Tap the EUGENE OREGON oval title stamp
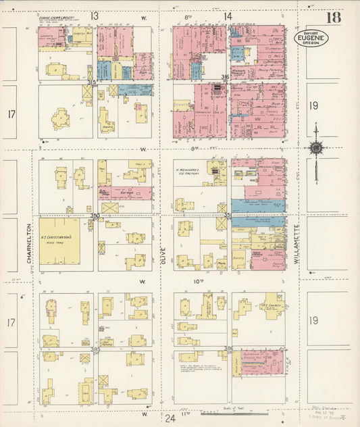pyautogui.click(x=311, y=39)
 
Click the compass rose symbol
pyautogui.click(x=315, y=148)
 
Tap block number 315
pyautogui.click(x=92, y=82)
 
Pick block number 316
pyautogui.click(x=225, y=78)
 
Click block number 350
pyautogui.click(x=95, y=216)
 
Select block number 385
pyautogui.click(x=95, y=349)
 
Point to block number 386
pyautogui.click(x=228, y=349)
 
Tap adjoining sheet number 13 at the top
pyautogui.click(x=95, y=15)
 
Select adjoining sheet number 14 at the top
pyautogui.click(x=228, y=15)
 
